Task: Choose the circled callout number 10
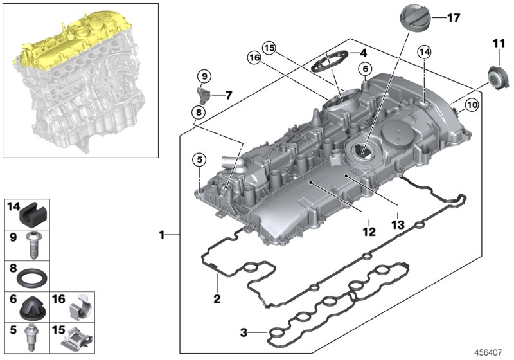(472, 104)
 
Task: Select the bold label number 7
(229, 96)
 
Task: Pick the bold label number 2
(217, 299)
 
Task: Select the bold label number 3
(244, 332)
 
